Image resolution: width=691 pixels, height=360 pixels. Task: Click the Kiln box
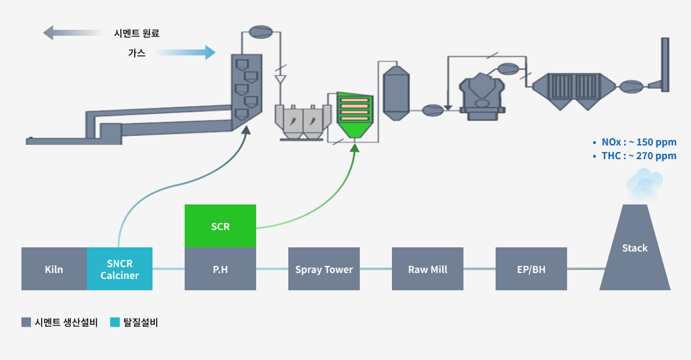point(54,269)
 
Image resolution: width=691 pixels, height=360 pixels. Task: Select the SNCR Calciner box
point(119,269)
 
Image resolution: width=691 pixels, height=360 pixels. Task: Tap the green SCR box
point(220,226)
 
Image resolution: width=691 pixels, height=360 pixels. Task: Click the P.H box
point(220,269)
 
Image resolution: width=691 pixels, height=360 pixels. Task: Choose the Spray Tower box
point(324,269)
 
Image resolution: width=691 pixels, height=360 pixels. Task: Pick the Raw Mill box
point(428,269)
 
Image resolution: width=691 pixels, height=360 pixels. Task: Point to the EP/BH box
point(531,269)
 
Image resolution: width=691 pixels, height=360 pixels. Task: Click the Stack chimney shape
point(634,247)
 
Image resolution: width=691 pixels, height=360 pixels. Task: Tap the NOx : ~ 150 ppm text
point(639,142)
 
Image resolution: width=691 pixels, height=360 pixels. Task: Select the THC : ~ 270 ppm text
point(639,156)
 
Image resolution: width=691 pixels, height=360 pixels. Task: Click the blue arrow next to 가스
point(185,52)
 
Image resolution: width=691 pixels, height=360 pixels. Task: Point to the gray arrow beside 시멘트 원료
point(73,33)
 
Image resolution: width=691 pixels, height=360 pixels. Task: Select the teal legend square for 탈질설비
point(115,322)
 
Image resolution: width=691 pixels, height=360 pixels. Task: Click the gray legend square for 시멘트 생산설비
point(26,322)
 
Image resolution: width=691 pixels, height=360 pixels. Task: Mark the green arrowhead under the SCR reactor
point(354,147)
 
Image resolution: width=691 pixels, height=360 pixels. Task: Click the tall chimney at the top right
point(665,65)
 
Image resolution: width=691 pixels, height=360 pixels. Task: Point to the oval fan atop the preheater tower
point(260,32)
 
